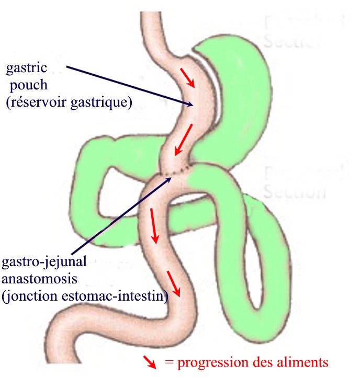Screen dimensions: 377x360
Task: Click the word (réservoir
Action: pyautogui.click(x=35, y=102)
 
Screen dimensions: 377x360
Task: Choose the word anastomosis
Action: pyautogui.click(x=34, y=279)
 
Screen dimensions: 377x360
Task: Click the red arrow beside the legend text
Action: pyautogui.click(x=150, y=361)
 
